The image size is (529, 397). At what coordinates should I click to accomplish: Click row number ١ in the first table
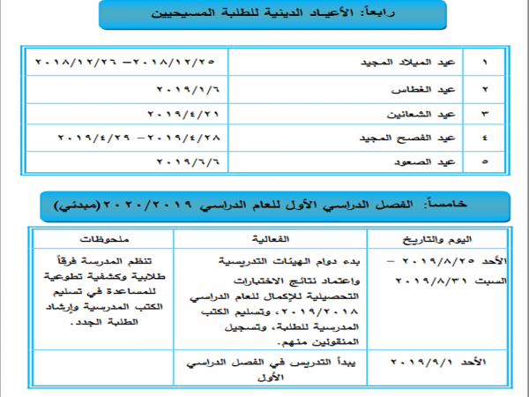(x=483, y=65)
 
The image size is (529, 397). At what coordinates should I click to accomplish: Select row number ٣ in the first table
(x=483, y=115)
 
